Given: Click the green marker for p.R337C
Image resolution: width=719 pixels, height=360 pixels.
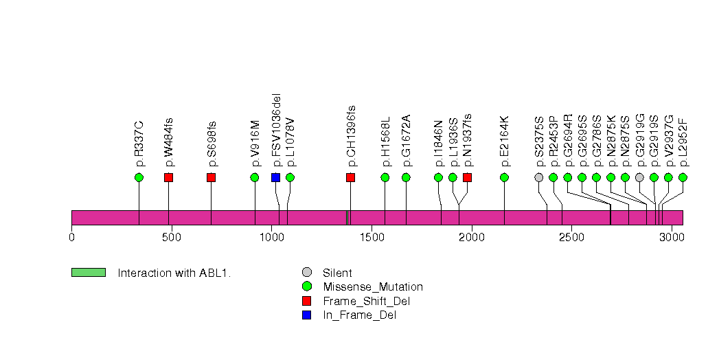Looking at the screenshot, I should coord(139,177).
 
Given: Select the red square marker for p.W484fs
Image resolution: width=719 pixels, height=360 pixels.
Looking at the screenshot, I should coord(168,177).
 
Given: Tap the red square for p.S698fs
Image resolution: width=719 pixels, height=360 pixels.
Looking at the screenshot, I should coord(211,177).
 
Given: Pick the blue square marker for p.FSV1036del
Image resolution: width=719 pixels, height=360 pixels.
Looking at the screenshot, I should coord(275,177).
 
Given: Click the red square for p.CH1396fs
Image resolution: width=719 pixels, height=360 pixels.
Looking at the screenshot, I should coord(350,177).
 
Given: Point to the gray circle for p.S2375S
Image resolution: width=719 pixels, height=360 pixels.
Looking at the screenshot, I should coord(539,177).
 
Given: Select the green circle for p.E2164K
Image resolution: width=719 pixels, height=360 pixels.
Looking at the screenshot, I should coord(504,177).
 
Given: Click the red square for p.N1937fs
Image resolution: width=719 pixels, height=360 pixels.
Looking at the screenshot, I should coord(467,177).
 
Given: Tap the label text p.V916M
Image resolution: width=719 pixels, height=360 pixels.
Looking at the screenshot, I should coord(255,144).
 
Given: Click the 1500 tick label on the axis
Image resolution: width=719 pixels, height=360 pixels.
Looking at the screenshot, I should coord(372,237).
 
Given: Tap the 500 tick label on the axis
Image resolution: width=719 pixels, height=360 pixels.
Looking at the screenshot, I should coord(171,237).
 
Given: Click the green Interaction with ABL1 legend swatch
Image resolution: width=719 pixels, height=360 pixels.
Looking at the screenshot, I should coord(88,273).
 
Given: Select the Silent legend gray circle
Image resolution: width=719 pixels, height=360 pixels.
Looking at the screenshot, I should coord(307,273).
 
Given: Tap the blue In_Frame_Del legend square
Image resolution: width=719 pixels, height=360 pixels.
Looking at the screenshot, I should coord(307,315).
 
